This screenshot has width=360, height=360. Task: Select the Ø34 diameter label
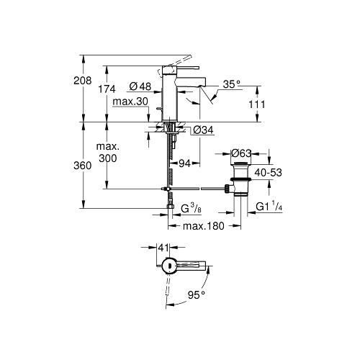click(x=202, y=130)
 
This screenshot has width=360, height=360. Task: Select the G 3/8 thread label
click(x=192, y=210)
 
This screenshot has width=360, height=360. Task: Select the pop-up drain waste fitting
click(x=239, y=184)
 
